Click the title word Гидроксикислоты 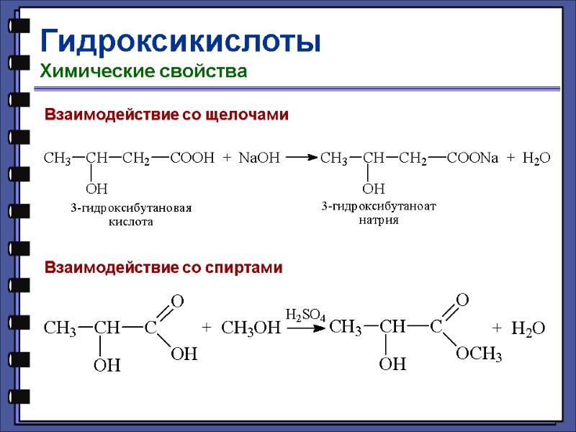click(180, 41)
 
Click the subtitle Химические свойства click(143, 71)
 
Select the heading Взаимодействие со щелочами click(166, 114)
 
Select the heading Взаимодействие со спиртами click(164, 268)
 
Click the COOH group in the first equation click(192, 158)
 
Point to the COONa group click(472, 158)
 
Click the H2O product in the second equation click(528, 329)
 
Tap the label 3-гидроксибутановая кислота click(131, 215)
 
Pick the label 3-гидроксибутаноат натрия click(379, 213)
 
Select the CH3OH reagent click(249, 329)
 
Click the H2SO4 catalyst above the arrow click(306, 315)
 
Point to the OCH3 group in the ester click(479, 354)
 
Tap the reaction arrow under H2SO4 click(305, 328)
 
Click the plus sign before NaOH click(226, 158)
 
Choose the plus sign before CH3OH click(207, 328)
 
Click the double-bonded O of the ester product click(462, 299)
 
